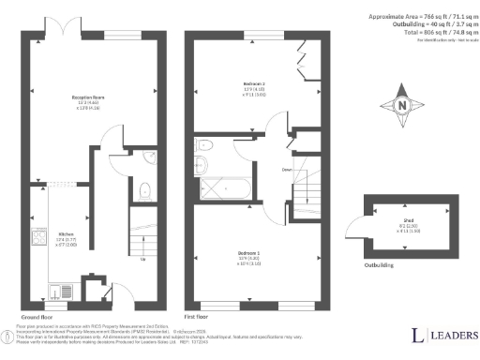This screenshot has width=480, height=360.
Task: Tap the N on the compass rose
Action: point(404,105)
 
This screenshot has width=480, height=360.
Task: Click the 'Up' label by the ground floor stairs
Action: point(142,260)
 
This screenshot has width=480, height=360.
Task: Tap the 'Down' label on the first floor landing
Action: point(286,170)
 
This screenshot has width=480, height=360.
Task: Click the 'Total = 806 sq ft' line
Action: point(427,33)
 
